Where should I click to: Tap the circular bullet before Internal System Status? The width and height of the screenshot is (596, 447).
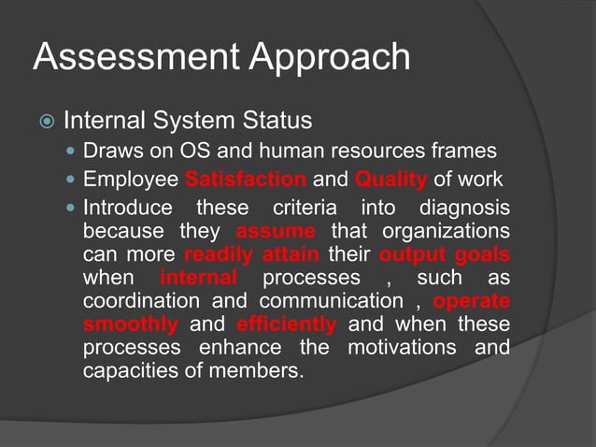[x=46, y=122]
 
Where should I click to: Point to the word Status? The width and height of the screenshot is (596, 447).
[x=276, y=122]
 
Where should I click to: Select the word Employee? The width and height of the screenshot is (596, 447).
[x=130, y=180]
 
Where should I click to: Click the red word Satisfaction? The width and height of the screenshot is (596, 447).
[x=246, y=180]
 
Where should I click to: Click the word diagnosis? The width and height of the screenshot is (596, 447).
[x=463, y=207]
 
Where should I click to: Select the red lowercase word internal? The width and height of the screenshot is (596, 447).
[x=198, y=278]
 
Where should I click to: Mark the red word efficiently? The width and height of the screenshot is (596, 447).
[x=286, y=324]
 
